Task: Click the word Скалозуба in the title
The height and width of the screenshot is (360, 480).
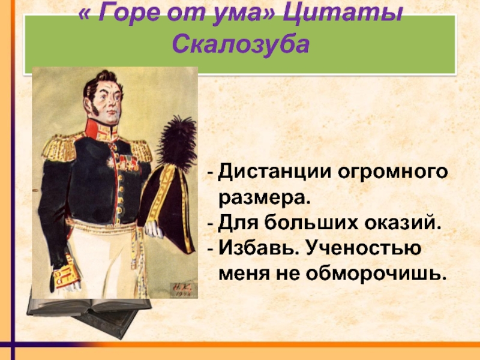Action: point(241,44)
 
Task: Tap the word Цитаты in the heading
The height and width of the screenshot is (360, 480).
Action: point(342,13)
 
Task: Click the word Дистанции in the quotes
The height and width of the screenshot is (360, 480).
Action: point(275,172)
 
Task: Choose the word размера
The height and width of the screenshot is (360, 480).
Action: point(265,199)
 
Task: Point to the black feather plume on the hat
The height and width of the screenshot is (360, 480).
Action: point(176,143)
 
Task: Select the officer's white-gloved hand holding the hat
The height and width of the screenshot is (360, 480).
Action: point(154,230)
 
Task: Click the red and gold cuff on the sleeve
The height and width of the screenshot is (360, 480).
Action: point(66,276)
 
